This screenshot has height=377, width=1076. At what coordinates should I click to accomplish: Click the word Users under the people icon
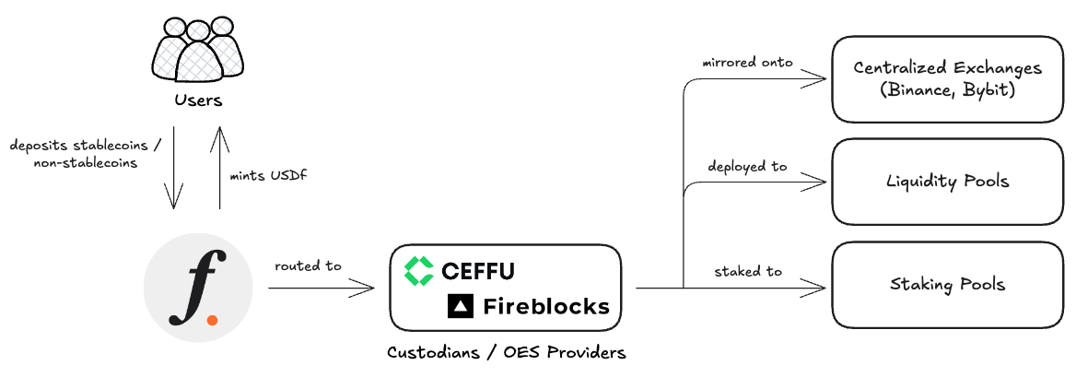[x=198, y=99]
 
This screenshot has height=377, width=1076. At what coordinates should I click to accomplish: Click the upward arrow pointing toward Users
[x=220, y=166]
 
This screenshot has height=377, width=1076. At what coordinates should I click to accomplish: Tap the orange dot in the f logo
[x=213, y=320]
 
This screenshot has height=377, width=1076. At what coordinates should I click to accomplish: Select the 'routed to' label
[x=308, y=265]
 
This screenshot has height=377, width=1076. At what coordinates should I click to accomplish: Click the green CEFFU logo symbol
[x=419, y=270]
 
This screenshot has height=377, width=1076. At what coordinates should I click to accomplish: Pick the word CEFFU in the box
[x=477, y=271]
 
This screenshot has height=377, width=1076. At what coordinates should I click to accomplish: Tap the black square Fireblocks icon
[x=460, y=306]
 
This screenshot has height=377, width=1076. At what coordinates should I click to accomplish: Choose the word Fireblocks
[x=546, y=306]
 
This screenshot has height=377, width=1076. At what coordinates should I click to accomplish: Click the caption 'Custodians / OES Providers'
[x=506, y=352]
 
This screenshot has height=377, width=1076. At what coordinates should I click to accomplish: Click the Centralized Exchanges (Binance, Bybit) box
[x=947, y=79]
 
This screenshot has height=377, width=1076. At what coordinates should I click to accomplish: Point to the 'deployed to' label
[x=747, y=166]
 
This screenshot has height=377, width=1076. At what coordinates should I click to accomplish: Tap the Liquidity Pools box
[x=947, y=181]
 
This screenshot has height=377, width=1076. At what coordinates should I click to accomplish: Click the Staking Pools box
[x=947, y=284]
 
